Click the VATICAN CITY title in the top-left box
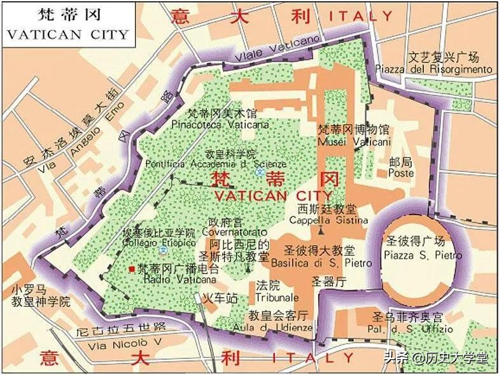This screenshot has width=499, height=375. pos(67,34)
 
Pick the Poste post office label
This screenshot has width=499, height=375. pos(401,173)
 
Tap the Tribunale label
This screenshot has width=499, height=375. pos(276,297)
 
